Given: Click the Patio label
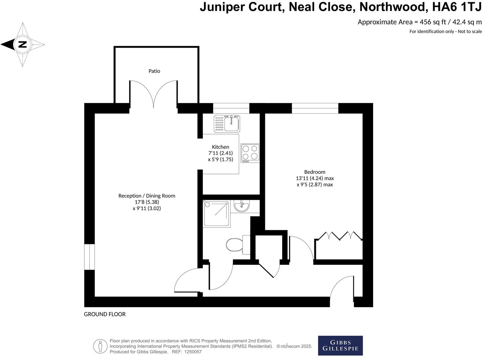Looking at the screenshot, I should click(154, 71).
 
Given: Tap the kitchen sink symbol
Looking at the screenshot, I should click(227, 124).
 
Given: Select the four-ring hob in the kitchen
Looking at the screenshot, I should click(250, 153).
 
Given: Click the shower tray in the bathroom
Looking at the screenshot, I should click(217, 214).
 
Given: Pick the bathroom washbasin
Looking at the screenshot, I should click(242, 206).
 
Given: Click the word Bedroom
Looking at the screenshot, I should click(315, 172).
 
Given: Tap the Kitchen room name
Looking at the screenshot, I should click(220, 147).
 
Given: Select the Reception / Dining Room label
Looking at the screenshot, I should click(147, 196).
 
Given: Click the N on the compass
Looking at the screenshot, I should click(22, 44).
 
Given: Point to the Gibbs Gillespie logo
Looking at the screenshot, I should click(340, 346).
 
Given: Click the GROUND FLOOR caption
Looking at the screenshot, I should click(105, 314).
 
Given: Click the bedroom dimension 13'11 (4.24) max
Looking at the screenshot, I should click(315, 178).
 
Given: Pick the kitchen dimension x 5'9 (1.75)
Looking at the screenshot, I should click(220, 159).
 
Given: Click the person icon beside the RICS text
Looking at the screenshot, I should click(100, 346).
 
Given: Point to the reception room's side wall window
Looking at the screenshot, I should click(89, 257).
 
